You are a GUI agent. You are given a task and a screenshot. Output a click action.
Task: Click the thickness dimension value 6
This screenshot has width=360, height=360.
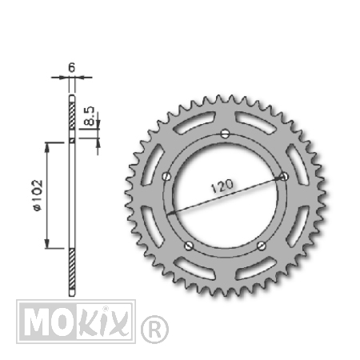pos(72,68)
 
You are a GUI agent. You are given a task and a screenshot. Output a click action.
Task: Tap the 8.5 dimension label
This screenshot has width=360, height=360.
pos(90,116)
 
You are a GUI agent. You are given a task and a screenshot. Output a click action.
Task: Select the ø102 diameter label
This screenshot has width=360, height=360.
pos(38,195)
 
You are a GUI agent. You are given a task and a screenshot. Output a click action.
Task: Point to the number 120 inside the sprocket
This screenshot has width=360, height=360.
pos(222,186)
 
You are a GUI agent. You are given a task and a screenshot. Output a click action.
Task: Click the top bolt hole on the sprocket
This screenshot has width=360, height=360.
pos(226,134)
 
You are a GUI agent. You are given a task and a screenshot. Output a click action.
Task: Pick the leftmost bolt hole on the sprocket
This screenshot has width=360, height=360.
pos(166,176)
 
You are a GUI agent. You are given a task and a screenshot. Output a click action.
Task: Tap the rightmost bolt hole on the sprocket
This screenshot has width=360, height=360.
pos(284,176)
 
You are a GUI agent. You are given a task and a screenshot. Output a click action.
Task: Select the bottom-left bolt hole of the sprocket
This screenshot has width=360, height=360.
pos(189,246)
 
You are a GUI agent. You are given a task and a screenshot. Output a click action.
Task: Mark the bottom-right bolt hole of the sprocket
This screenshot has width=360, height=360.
pos(262,246)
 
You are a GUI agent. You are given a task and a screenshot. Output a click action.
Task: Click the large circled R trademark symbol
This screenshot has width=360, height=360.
pos(154,330)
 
